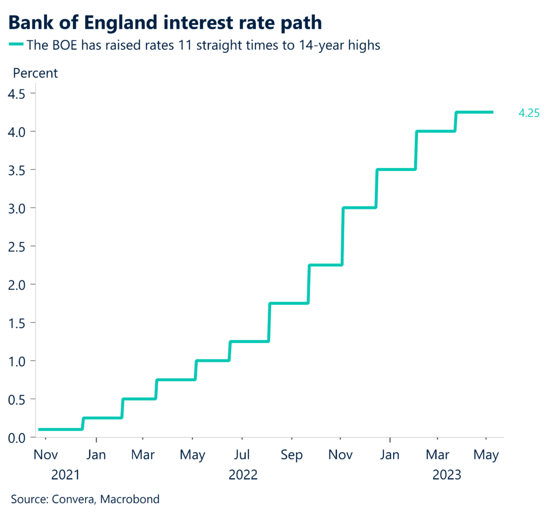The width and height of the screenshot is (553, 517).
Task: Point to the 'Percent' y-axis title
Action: coord(35,73)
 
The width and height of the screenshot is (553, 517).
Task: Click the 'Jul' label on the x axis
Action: coord(242,455)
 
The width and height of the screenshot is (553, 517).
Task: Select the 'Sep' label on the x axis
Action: coord(292,455)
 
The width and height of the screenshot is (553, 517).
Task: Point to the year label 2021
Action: coord(65,475)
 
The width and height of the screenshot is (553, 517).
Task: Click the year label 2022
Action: coord(243,475)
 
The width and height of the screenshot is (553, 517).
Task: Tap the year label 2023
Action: coord(447,475)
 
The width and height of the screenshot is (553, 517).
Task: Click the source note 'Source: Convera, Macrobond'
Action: coord(85,499)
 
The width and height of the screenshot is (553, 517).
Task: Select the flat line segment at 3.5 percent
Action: coord(395,169)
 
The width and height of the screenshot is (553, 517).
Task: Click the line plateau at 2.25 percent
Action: coord(325,265)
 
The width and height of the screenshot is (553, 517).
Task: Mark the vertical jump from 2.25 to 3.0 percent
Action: coord(342,236)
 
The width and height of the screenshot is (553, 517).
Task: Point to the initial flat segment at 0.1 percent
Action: coord(59,430)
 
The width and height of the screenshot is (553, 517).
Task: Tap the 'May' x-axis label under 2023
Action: coord(486,455)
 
